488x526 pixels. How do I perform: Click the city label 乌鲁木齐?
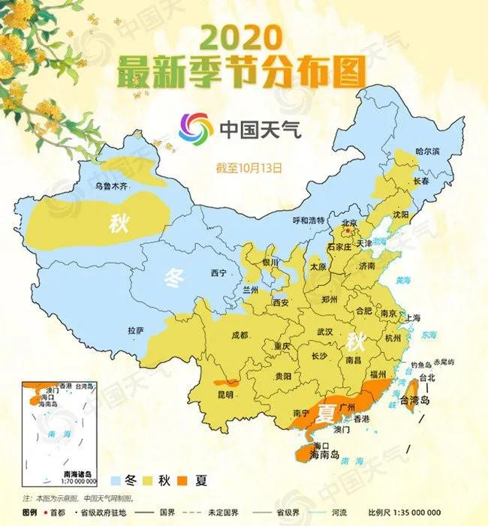pyautogui.click(x=110, y=185)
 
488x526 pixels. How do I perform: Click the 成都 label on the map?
pyautogui.click(x=240, y=335)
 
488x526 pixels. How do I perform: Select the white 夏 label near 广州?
pyautogui.click(x=325, y=412)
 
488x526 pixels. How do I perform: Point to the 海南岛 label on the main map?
pyautogui.click(x=324, y=455)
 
